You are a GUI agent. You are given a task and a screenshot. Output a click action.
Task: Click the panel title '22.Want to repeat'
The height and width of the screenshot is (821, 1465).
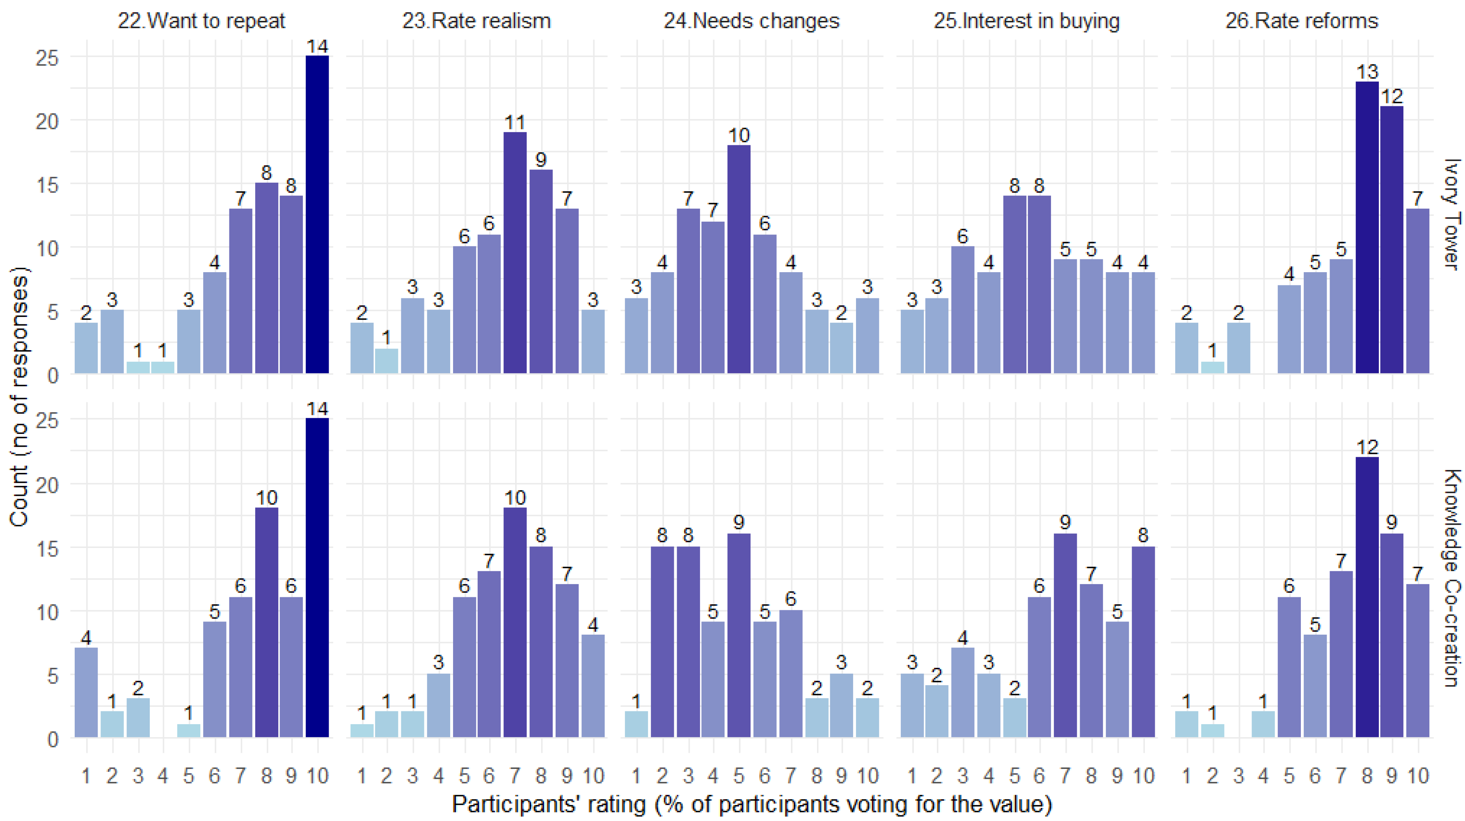tap(201, 21)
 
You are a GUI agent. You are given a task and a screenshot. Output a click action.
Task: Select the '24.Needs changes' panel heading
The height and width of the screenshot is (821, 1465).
tap(751, 21)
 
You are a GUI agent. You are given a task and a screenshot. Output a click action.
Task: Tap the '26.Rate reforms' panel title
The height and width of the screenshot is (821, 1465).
tap(1302, 21)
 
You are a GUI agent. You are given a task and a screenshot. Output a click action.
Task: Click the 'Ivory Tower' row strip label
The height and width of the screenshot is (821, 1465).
tap(1452, 213)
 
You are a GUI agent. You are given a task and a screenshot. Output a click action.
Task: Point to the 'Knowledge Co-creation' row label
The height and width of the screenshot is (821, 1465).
tap(1452, 578)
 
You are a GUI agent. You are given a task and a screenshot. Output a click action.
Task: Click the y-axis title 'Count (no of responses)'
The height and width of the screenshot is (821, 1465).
tap(19, 397)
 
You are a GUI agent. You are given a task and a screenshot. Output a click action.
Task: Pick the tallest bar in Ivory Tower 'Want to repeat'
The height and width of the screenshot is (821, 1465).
tap(317, 215)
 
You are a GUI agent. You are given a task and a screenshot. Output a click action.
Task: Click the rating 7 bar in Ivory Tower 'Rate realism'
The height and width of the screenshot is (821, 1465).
tap(515, 252)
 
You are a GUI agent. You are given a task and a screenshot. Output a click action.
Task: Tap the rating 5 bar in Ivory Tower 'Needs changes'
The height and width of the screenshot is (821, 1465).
tap(739, 259)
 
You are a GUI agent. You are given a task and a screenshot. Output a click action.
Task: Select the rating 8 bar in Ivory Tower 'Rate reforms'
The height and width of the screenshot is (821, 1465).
tap(1367, 227)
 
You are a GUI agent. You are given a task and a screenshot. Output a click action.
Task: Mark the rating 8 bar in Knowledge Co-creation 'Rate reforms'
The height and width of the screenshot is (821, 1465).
tap(1367, 597)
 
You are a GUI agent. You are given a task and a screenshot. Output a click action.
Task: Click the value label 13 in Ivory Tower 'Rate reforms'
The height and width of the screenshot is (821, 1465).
tap(1367, 72)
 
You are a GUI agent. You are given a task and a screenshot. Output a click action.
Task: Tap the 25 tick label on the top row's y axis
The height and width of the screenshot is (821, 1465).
tap(47, 57)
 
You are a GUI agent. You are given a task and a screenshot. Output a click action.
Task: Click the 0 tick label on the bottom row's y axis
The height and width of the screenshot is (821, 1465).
tap(53, 739)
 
